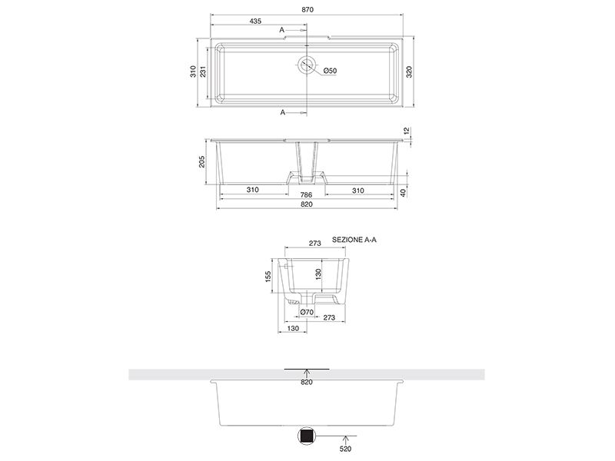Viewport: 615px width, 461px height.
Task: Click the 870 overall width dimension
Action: pos(307,10)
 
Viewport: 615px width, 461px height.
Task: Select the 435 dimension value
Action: pos(255,22)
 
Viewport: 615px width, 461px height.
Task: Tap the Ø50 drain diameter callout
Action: pos(331,71)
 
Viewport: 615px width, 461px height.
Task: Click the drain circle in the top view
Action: pos(306,65)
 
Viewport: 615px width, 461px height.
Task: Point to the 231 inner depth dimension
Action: pos(203,71)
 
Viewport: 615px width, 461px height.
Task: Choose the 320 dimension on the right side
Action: pos(409,71)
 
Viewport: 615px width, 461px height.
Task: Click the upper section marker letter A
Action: pos(281,30)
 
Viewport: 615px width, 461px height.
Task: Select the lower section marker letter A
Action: pos(283,112)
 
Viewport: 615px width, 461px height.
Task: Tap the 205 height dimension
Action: pos(201,161)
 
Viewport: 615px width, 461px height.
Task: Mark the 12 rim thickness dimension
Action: pos(407,131)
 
